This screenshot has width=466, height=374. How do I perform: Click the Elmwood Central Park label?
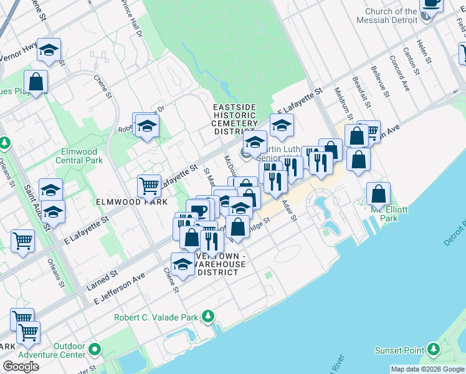[79, 156]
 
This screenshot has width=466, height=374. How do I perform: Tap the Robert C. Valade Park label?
[155, 317]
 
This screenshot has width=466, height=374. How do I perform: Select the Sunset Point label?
[399, 350]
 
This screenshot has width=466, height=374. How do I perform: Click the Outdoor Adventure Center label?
[69, 350]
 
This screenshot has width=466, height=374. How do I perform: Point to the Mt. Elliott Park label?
[384, 214]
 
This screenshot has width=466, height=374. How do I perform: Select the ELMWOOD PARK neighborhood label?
[132, 203]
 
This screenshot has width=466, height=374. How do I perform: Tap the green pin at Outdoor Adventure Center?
[95, 348]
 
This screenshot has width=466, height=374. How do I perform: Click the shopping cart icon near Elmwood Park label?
[149, 185]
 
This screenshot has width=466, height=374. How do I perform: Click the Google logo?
[21, 367]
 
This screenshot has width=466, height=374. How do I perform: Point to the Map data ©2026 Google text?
[427, 369]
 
